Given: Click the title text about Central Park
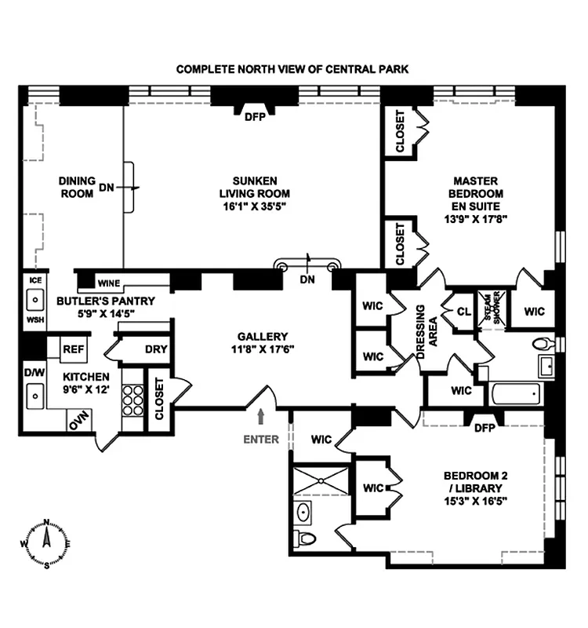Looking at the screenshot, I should click(x=292, y=69).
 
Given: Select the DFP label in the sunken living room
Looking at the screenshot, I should click(x=254, y=117).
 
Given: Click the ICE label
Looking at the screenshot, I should click(x=34, y=280).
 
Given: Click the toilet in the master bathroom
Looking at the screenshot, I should click(x=543, y=344).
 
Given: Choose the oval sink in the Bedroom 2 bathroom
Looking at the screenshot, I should click(x=304, y=513).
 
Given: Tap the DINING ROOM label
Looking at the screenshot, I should click(x=77, y=187).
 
